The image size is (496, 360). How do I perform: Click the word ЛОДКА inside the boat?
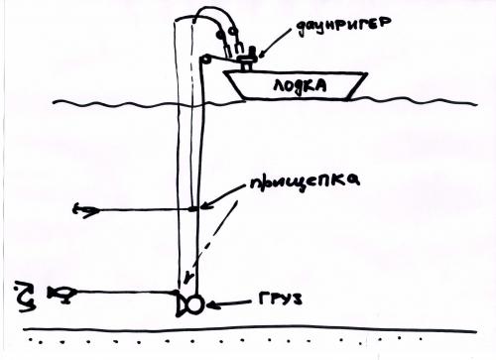pyautogui.click(x=300, y=86)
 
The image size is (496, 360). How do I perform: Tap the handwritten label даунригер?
pyautogui.click(x=344, y=26)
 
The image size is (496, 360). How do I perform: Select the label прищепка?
pyautogui.click(x=305, y=181)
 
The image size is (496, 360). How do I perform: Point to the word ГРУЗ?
pyautogui.click(x=280, y=299)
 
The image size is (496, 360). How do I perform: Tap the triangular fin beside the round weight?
pyautogui.click(x=182, y=303)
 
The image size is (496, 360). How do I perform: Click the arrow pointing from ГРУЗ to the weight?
pyautogui.click(x=228, y=304)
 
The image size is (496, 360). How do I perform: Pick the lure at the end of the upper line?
pyautogui.click(x=85, y=210)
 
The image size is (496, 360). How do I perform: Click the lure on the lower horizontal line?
pyautogui.click(x=62, y=293)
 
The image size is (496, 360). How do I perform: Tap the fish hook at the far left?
pyautogui.click(x=26, y=297)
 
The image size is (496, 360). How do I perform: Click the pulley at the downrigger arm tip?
pyautogui.click(x=205, y=60)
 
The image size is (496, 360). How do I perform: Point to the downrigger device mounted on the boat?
pyautogui.click(x=248, y=59)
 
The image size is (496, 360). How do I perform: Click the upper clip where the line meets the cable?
pyautogui.click(x=193, y=208)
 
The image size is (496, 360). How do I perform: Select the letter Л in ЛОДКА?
pyautogui.click(x=279, y=86)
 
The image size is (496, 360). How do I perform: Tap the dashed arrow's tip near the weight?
pyautogui.click(x=188, y=282)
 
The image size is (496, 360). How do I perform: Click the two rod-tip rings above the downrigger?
pyautogui.click(x=226, y=33)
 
